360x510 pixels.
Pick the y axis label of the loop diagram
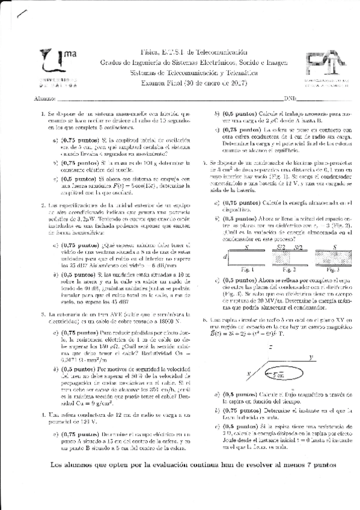(x=311, y=357)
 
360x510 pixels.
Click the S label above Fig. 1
(x=246, y=247)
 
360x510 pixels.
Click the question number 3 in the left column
(x=43, y=314)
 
